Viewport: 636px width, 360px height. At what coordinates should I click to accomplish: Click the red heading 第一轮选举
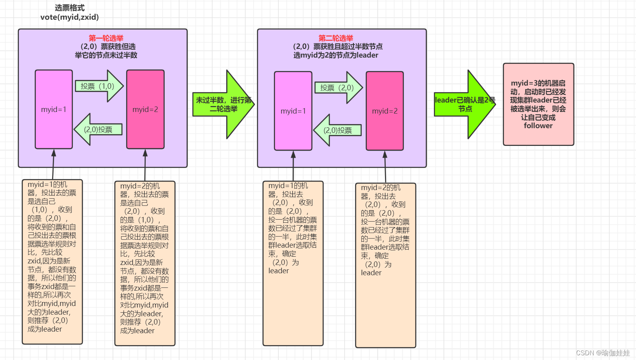(x=106, y=38)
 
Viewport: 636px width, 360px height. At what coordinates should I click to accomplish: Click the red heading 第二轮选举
(x=336, y=38)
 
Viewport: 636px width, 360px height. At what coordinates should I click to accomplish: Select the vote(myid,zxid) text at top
(x=69, y=17)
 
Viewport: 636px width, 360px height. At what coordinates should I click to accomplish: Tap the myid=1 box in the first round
(x=54, y=109)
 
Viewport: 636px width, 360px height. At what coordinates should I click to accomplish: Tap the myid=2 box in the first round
(x=145, y=109)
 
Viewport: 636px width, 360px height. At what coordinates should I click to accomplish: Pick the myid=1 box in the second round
(x=293, y=111)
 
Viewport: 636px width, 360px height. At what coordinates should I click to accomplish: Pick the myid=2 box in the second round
(x=385, y=111)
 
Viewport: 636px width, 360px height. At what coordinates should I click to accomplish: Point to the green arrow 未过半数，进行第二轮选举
(x=223, y=104)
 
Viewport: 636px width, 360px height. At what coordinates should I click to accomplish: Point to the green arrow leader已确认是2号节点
(x=465, y=104)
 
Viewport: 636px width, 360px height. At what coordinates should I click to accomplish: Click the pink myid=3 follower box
(x=538, y=104)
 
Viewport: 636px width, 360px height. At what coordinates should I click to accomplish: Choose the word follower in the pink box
(x=538, y=126)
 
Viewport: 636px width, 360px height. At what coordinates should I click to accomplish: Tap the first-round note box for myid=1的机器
(x=52, y=261)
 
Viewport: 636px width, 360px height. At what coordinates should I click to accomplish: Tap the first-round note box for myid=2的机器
(x=145, y=263)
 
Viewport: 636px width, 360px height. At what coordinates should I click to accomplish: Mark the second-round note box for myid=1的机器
(x=293, y=263)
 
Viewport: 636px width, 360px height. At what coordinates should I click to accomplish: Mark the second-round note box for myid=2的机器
(x=385, y=265)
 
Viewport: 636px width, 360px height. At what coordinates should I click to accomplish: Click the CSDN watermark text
(x=603, y=353)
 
